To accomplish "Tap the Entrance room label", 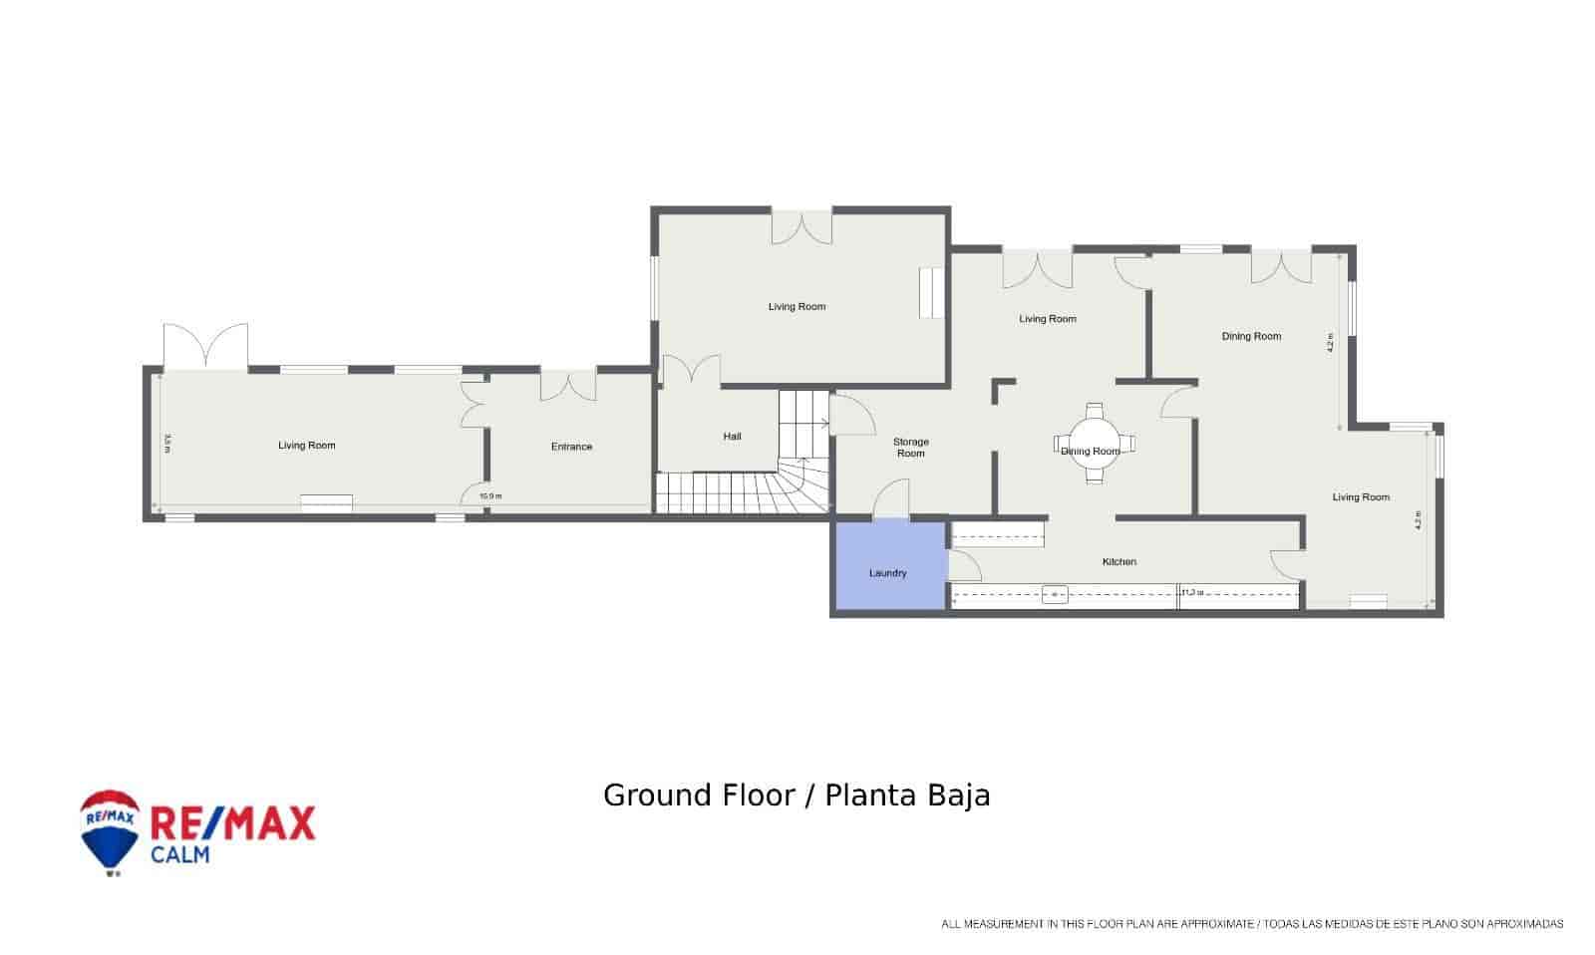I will point(571,447).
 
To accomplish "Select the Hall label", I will point(732,437).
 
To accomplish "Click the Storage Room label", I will point(910,448).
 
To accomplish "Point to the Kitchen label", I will point(1118,562).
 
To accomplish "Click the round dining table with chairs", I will point(1095,443).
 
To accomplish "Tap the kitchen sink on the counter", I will point(1055,595).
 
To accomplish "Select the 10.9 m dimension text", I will point(489,496).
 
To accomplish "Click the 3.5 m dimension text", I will point(167,443).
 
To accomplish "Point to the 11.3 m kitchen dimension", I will point(1192,592).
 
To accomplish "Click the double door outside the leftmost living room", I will point(205,346).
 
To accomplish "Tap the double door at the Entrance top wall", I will point(568,384).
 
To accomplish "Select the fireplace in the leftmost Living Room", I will point(326,503).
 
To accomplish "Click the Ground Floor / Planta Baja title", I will point(797,796).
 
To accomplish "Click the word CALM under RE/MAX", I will point(179,854).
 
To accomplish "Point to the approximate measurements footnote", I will point(1252,924).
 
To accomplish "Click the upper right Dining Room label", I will point(1251,337).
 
